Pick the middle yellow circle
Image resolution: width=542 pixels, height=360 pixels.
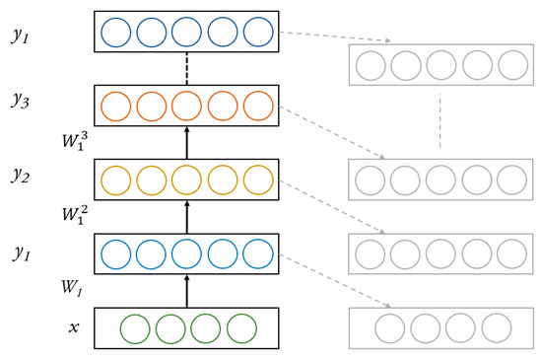coord(186,180)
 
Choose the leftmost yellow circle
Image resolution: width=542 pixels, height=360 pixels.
coord(116,180)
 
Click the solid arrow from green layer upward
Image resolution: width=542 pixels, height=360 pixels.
coord(186,291)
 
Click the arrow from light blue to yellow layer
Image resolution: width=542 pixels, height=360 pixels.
coord(186,217)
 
